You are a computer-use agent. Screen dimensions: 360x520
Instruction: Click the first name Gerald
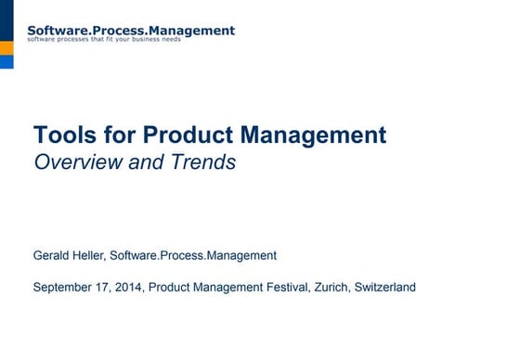(x=54, y=255)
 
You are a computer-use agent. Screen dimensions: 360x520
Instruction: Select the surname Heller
(x=93, y=255)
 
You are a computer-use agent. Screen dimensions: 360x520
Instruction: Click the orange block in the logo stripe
(x=6, y=47)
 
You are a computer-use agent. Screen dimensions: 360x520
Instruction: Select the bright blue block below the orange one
(x=6, y=62)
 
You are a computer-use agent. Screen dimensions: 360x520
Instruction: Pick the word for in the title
(x=115, y=135)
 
